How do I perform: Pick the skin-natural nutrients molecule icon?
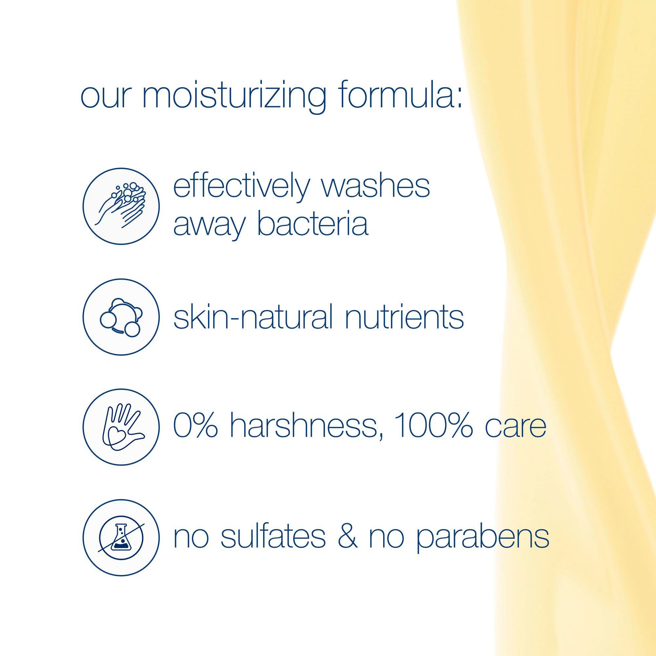click(x=121, y=317)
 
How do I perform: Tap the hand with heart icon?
click(x=121, y=427)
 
